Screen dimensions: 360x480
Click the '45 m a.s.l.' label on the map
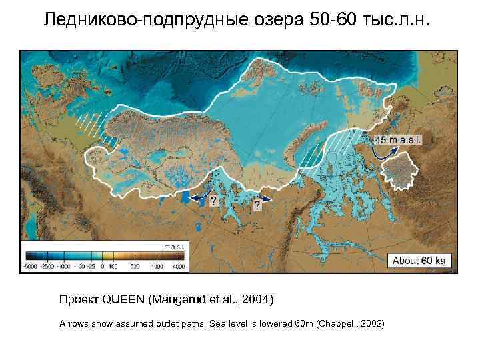[398, 141]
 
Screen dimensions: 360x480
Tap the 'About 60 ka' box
[418, 260]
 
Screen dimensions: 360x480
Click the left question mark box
[213, 200]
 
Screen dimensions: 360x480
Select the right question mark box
[257, 207]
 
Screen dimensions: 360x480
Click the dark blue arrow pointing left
[195, 197]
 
